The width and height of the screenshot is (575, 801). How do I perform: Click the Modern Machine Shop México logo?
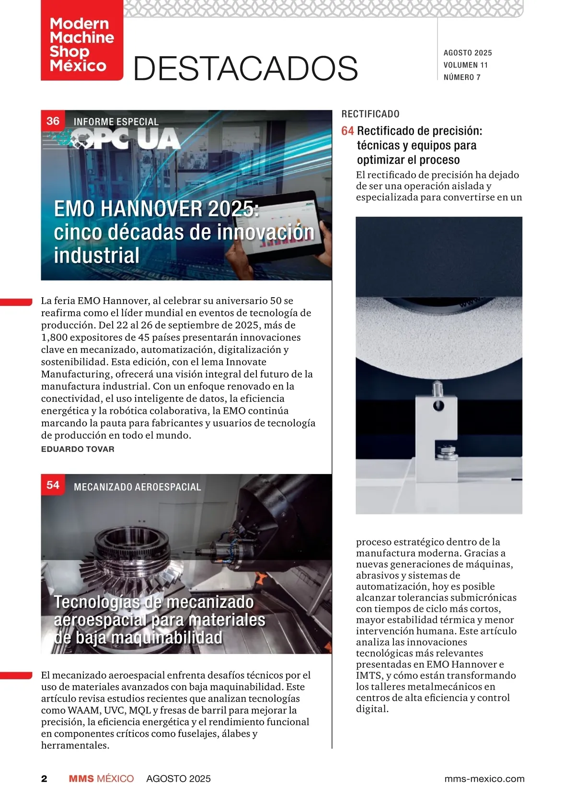click(x=82, y=44)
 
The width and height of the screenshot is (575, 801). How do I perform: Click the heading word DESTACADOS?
click(x=245, y=68)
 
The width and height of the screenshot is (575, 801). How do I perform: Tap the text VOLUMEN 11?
click(x=465, y=65)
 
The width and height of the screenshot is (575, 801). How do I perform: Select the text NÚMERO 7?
click(x=462, y=77)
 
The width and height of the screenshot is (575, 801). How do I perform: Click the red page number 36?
click(x=53, y=121)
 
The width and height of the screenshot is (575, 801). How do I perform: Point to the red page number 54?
click(x=53, y=485)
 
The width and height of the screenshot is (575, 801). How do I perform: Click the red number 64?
click(x=347, y=131)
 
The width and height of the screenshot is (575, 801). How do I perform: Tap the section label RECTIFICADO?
click(x=370, y=114)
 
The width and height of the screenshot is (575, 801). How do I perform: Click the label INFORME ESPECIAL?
click(x=116, y=122)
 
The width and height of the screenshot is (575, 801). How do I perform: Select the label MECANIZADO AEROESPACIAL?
click(x=138, y=487)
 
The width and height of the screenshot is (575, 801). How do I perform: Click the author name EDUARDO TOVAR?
click(x=78, y=449)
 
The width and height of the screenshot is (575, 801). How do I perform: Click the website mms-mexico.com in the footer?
click(x=484, y=778)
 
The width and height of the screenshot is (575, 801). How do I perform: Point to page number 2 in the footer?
click(x=45, y=778)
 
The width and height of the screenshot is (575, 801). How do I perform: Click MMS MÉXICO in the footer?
click(x=101, y=778)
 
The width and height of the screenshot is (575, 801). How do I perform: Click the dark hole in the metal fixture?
click(x=438, y=406)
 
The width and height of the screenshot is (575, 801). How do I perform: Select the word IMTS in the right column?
click(x=368, y=675)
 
